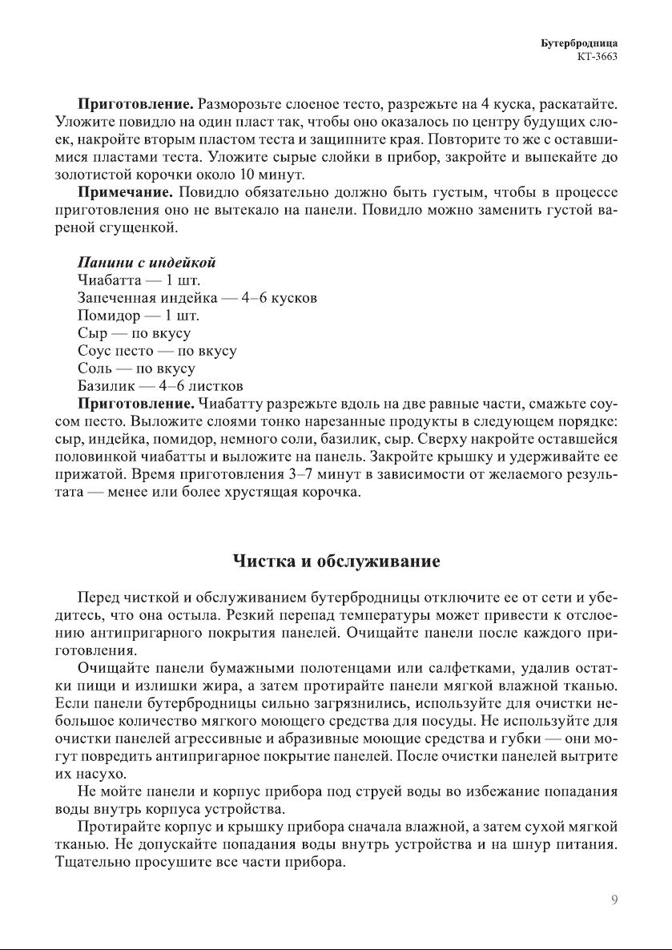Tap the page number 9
(x=614, y=900)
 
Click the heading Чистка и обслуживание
(x=336, y=561)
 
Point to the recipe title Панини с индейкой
(x=147, y=263)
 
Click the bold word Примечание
(x=125, y=192)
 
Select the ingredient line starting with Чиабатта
(x=139, y=280)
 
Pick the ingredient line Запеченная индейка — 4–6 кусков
(x=197, y=298)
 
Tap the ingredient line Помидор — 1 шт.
(x=139, y=316)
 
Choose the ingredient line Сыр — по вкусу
(x=134, y=333)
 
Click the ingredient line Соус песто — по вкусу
(x=157, y=351)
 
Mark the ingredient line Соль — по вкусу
(x=136, y=368)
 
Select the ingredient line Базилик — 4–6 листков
(x=160, y=386)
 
